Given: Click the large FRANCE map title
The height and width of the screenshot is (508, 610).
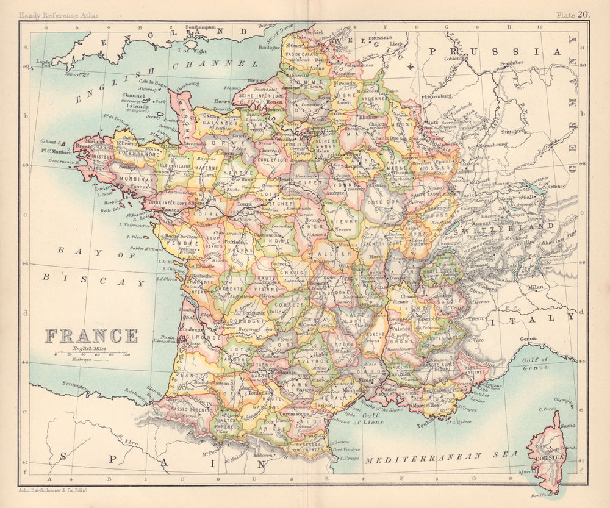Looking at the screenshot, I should [x=91, y=336].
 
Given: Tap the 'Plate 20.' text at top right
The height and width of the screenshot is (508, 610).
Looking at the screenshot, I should [x=572, y=15].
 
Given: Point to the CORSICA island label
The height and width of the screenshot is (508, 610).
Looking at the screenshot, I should [x=547, y=454].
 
